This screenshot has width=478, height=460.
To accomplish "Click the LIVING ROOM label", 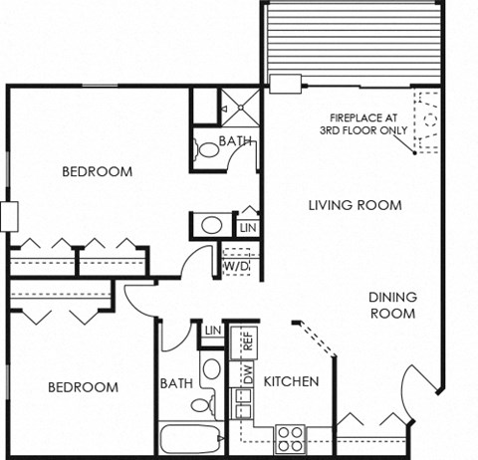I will coord(355,206).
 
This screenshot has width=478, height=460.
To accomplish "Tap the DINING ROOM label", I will coord(392,305).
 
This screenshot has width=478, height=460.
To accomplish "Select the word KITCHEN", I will coord(292,381).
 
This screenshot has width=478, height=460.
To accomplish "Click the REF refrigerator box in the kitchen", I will coord(248,343).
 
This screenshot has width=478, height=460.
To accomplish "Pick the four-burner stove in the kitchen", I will coord(289,435).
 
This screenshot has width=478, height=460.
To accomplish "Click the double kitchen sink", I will coord(242,404).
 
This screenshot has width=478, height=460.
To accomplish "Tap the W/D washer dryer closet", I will coord(236,266).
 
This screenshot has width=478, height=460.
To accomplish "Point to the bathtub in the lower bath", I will coord(190,439).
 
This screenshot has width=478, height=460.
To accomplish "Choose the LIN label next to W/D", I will coord(248,229).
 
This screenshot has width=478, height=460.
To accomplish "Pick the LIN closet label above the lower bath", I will coord(211,331).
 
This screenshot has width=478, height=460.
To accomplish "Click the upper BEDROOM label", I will coord(97,171).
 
